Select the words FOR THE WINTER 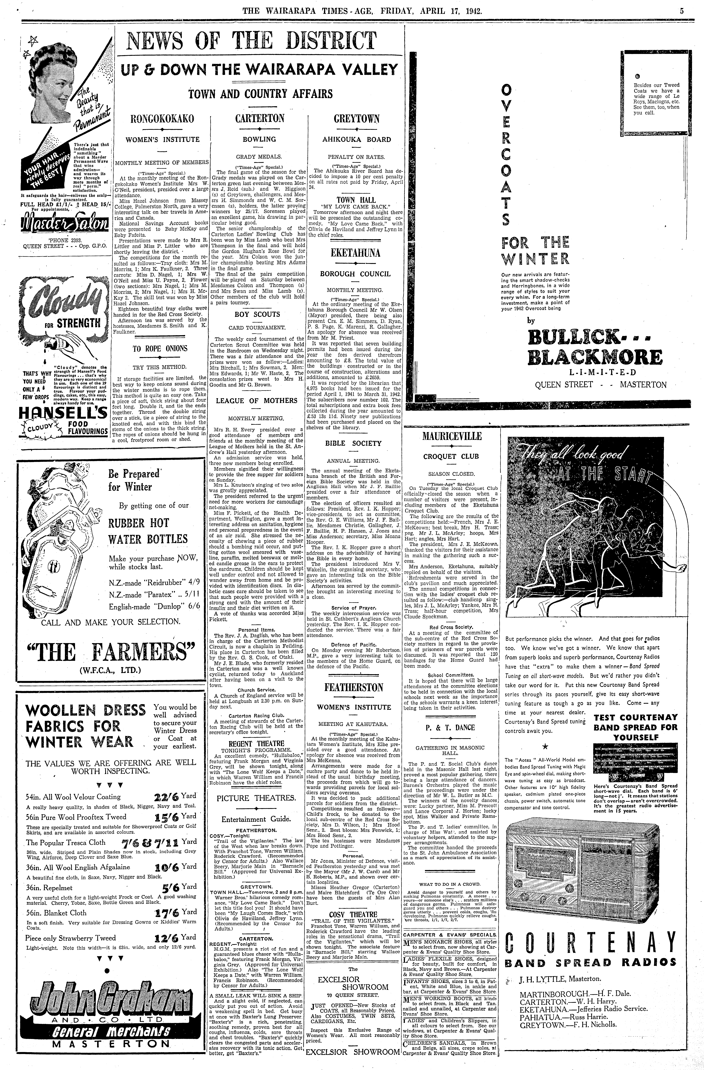(x=535, y=251)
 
